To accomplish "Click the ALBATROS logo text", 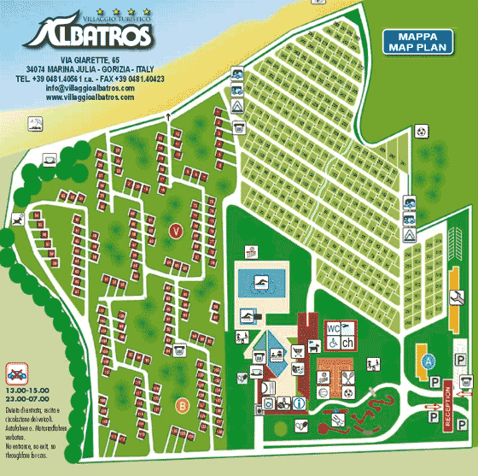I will (x=90, y=35).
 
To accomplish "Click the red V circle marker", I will (x=175, y=231).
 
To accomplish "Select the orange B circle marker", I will (x=182, y=405).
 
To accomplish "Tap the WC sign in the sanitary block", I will (x=333, y=327).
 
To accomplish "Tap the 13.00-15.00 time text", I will (x=30, y=390).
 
